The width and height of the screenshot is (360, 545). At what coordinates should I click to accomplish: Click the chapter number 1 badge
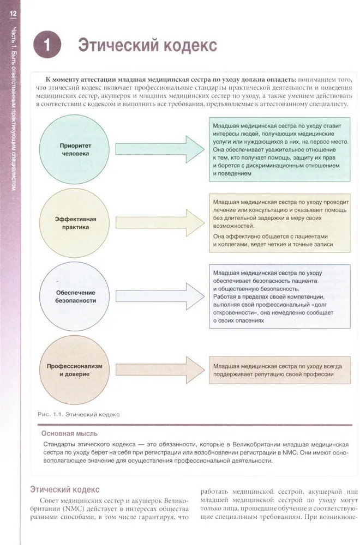pyautogui.click(x=47, y=46)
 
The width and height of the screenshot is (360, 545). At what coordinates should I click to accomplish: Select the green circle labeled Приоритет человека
pyautogui.click(x=74, y=149)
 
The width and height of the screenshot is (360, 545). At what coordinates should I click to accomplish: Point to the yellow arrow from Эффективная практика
pyautogui.click(x=159, y=220)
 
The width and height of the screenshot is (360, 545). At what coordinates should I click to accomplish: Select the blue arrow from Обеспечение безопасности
pyautogui.click(x=159, y=295)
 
